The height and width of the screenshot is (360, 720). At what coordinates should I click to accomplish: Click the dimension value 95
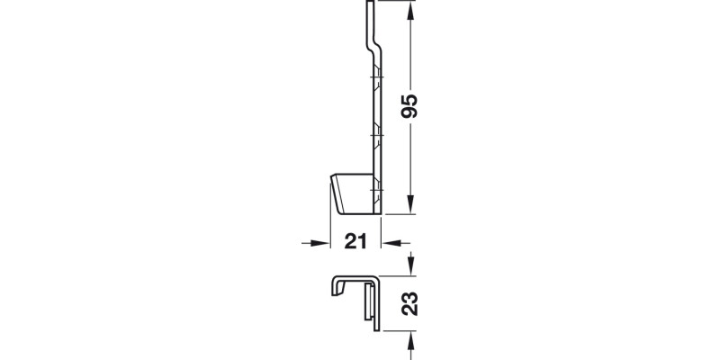coord(410,106)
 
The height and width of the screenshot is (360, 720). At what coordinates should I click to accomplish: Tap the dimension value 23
coord(410,302)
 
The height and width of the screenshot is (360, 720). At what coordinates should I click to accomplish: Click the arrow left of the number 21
coord(314,242)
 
